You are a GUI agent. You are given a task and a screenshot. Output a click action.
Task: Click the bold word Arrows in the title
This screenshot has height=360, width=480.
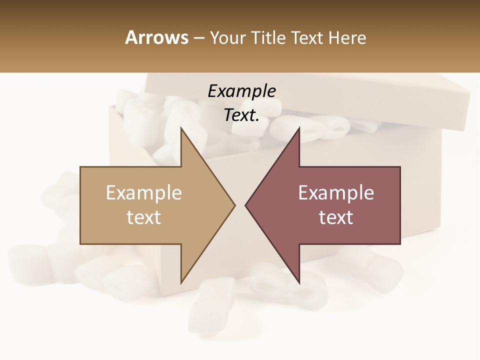(x=157, y=37)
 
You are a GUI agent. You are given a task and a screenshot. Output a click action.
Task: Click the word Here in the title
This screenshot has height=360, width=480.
(x=347, y=38)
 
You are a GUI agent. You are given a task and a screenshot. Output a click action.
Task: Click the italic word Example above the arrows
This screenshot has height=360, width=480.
(x=242, y=91)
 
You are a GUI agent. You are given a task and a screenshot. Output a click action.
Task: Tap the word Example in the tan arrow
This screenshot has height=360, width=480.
(x=144, y=193)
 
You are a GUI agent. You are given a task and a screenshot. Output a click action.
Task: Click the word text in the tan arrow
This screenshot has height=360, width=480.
(x=144, y=217)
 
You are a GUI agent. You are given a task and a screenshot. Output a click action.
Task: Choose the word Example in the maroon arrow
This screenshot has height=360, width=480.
(x=336, y=193)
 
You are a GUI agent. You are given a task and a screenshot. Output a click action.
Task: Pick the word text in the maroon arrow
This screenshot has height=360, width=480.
(x=336, y=217)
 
